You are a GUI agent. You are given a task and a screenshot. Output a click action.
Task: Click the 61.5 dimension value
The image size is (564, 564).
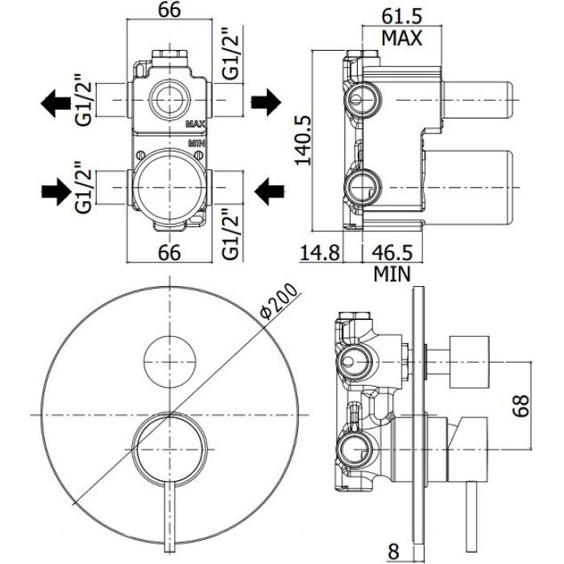(403, 15)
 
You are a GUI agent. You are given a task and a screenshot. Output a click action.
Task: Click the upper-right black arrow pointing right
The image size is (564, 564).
(265, 102)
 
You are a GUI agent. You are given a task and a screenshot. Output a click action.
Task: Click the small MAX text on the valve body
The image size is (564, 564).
(197, 124)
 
